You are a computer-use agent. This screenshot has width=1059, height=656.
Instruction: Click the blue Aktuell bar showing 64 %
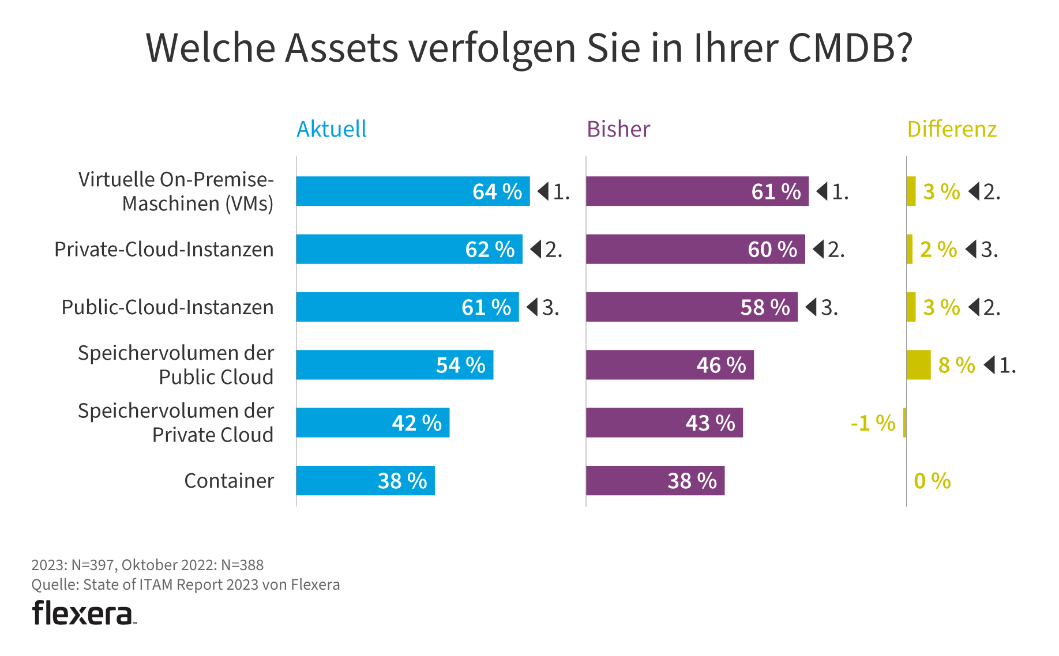(412, 191)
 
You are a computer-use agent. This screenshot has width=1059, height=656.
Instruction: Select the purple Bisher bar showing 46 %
(669, 365)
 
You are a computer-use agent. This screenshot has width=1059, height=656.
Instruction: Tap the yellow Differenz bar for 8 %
(918, 365)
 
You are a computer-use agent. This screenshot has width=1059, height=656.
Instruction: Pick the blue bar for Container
(365, 481)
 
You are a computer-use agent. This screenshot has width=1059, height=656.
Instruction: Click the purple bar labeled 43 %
(664, 423)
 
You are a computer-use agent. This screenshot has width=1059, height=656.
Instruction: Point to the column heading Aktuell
(332, 129)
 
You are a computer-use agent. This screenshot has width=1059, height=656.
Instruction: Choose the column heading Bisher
(618, 129)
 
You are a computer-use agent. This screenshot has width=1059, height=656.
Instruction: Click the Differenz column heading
(952, 129)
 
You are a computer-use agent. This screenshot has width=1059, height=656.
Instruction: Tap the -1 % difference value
(873, 423)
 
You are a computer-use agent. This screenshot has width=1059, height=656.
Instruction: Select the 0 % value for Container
(932, 481)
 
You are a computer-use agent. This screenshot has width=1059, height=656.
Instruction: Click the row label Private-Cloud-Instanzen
(164, 250)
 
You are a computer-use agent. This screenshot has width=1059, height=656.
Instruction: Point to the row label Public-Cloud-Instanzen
(167, 307)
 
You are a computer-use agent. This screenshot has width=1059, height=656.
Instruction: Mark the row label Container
(229, 481)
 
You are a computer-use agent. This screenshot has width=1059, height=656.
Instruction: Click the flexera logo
(84, 613)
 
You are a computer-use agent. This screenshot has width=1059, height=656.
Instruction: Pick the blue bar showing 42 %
(373, 423)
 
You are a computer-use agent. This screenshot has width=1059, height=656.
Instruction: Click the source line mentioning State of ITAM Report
(185, 585)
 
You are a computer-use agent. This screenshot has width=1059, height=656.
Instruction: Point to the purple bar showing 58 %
(691, 307)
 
